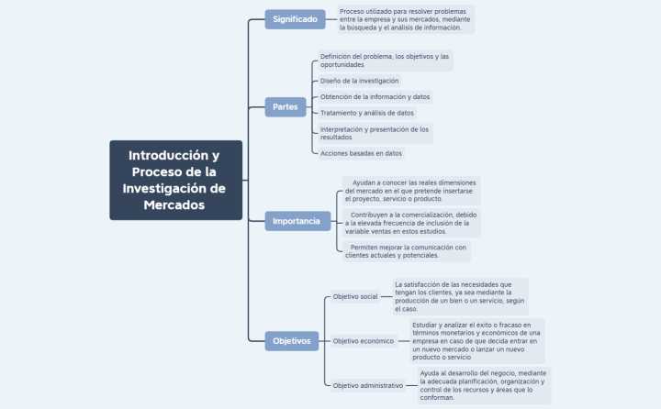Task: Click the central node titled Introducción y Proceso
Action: [175, 180]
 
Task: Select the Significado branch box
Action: [295, 18]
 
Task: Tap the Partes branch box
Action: [286, 107]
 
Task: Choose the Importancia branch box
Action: [297, 221]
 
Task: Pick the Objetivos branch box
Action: [292, 341]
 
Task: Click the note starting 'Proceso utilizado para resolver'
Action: [405, 19]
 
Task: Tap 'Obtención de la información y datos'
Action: [375, 96]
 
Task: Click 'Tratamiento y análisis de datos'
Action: [366, 113]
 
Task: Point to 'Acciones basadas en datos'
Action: [361, 153]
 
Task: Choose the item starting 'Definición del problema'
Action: [385, 61]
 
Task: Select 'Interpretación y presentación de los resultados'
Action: [375, 133]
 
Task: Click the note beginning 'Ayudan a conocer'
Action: [410, 191]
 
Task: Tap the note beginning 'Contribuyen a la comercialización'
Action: [410, 222]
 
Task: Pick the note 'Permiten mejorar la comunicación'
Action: [406, 251]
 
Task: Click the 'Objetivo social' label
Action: [355, 297]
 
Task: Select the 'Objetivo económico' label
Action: [364, 341]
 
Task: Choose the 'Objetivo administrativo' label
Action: [368, 386]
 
